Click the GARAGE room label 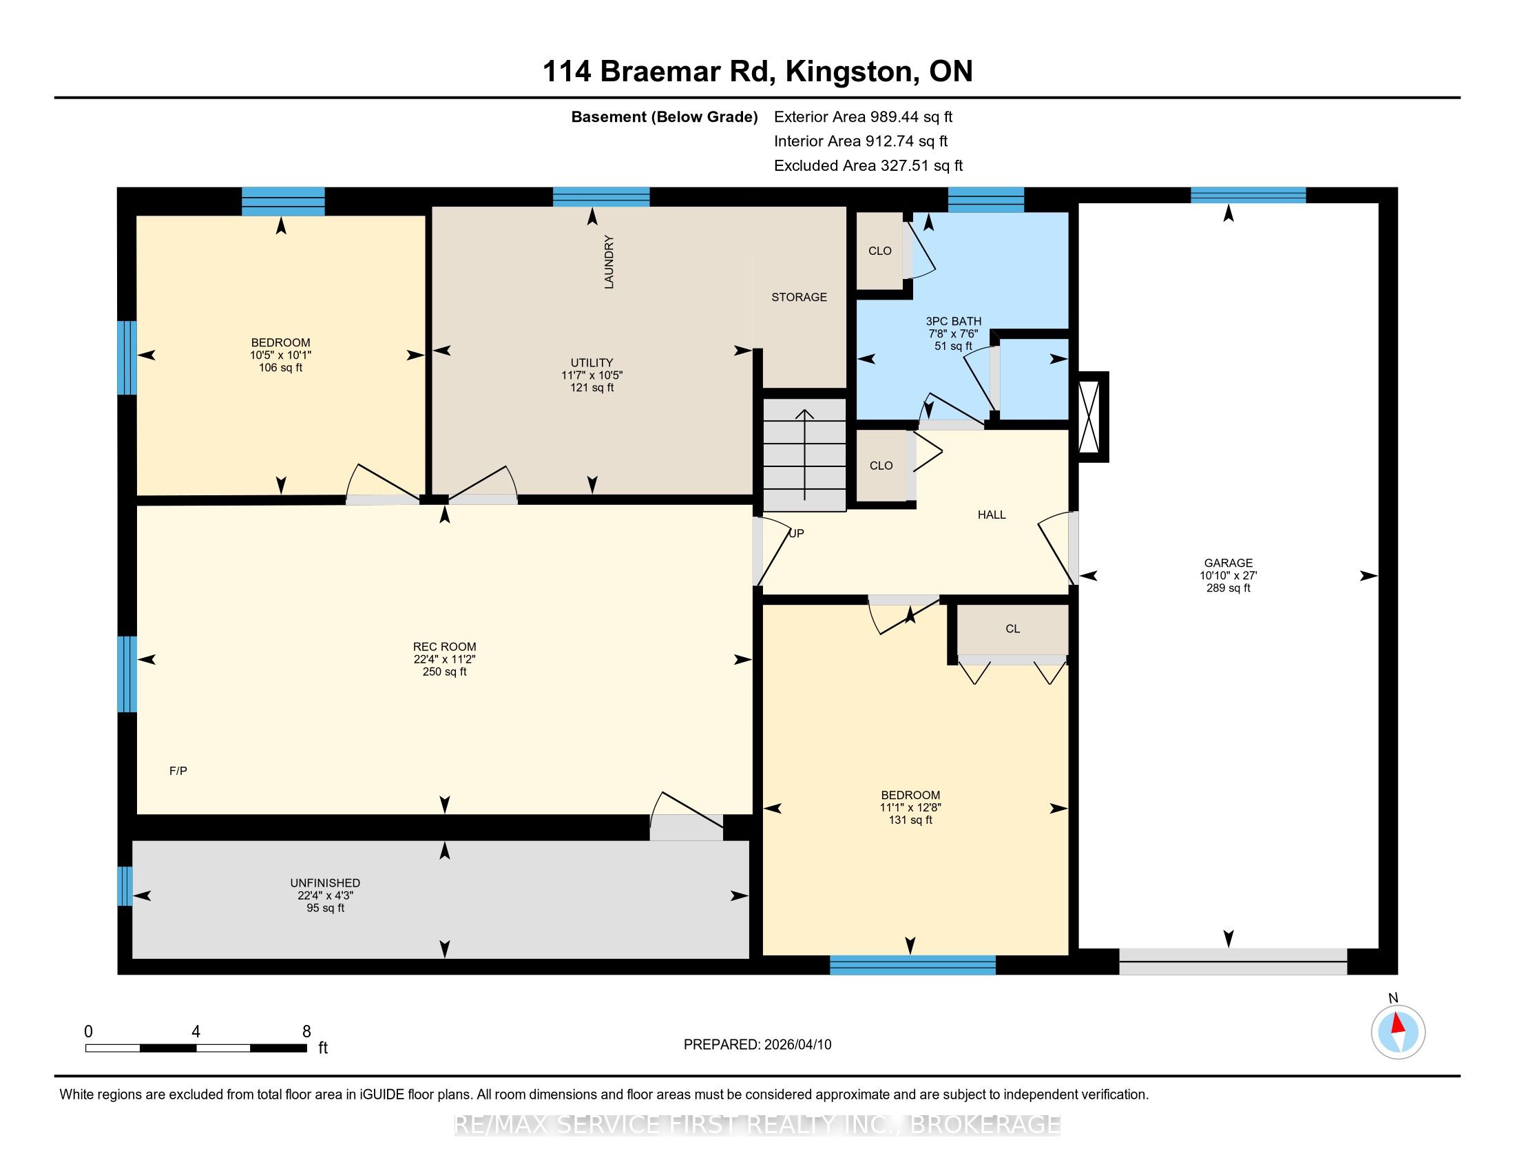point(1228,563)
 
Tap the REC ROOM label point(445,647)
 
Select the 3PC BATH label point(953,321)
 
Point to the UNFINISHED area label point(325,883)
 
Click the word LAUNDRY point(609,262)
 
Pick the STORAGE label point(799,297)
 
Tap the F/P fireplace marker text point(178,771)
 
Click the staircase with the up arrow point(804,455)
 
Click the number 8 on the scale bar point(306,1032)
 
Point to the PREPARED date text point(757,1045)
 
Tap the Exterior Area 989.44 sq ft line point(864,116)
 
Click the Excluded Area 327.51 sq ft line point(868,165)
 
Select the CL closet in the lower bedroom point(1013,629)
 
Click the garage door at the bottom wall point(1233,961)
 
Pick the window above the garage point(1248,195)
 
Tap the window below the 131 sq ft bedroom point(913,965)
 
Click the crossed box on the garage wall point(1093,417)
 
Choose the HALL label point(991,515)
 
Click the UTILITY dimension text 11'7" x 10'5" point(592,375)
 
